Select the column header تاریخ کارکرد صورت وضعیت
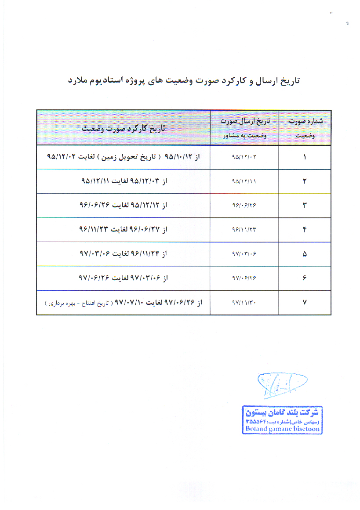tap(124, 128)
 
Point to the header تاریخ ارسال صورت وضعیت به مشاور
tap(244, 127)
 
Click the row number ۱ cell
tap(305, 157)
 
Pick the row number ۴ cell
tap(305, 230)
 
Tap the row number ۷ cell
tap(305, 302)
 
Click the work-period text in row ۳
tap(124, 205)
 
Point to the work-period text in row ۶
tap(124, 278)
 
